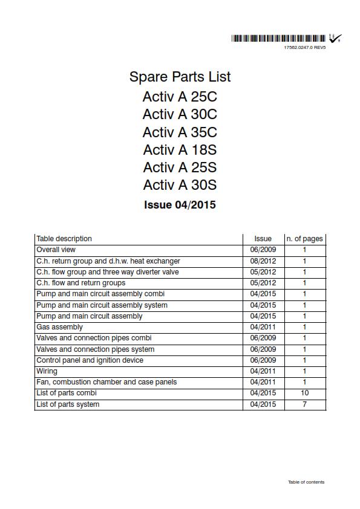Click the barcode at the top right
[x=279, y=39]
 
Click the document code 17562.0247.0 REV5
[x=304, y=47]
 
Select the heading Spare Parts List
[x=180, y=77]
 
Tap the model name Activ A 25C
[x=180, y=97]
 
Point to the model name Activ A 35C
[x=180, y=132]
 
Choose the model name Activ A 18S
[x=180, y=149]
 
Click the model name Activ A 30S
[x=180, y=184]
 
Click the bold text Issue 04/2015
[x=180, y=204]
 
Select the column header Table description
[x=64, y=239]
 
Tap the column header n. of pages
[x=304, y=239]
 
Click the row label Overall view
[x=56, y=250]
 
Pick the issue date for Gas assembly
[x=263, y=327]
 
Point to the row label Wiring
[x=47, y=371]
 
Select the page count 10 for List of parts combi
[x=304, y=393]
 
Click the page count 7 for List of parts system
[x=304, y=404]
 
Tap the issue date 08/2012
[x=263, y=261]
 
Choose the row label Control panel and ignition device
[x=90, y=360]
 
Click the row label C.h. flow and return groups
[x=81, y=283]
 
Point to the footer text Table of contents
[x=306, y=482]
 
